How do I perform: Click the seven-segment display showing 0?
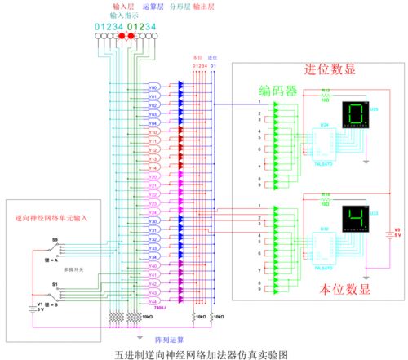tap(354, 114)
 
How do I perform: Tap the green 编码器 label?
tap(279, 90)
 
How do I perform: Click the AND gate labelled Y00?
tap(153, 86)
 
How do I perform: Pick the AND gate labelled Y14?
tap(153, 167)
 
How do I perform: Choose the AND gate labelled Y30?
tap(153, 221)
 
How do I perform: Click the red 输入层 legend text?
tap(123, 6)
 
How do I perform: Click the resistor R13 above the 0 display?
tap(324, 96)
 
